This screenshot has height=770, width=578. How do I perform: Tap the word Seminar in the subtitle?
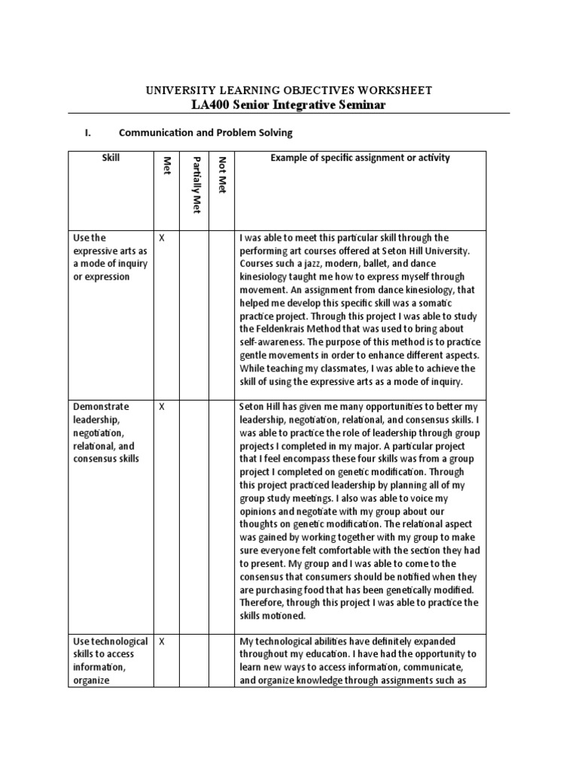pyautogui.click(x=359, y=105)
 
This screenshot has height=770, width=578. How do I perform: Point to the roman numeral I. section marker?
pyautogui.click(x=88, y=133)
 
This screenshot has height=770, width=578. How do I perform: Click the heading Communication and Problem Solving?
pyautogui.click(x=205, y=133)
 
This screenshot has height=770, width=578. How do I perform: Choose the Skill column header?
pyautogui.click(x=111, y=158)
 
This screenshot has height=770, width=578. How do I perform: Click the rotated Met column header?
pyautogui.click(x=167, y=168)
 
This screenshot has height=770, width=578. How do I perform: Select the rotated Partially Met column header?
pyautogui.click(x=194, y=185)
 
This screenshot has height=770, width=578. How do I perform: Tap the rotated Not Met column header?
pyautogui.click(x=221, y=174)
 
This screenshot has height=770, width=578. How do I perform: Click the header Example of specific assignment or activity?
pyautogui.click(x=360, y=158)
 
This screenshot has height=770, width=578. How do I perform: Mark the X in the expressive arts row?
pyautogui.click(x=162, y=238)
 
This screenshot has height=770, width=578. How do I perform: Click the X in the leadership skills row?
pyautogui.click(x=162, y=406)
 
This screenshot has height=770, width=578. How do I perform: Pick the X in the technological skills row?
pyautogui.click(x=162, y=641)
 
